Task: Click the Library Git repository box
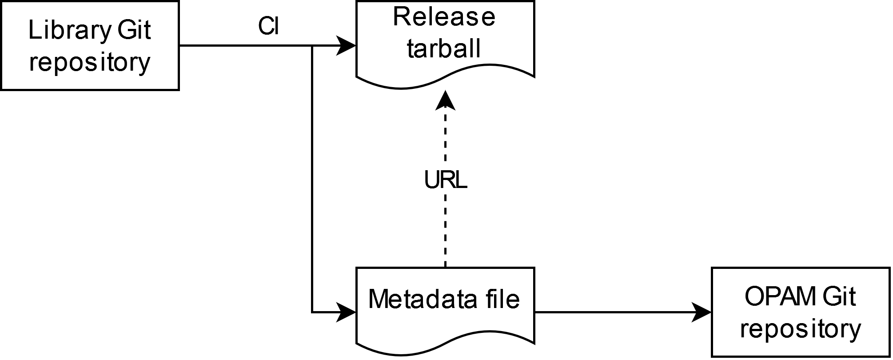(89, 46)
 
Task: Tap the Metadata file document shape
(445, 307)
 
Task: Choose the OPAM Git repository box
(801, 312)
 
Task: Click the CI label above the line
(268, 27)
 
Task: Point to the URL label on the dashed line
(446, 180)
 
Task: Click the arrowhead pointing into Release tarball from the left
(347, 45)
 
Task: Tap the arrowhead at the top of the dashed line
(445, 100)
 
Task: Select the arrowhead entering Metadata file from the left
(347, 312)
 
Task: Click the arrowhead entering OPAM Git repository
(702, 312)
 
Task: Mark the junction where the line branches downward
(312, 46)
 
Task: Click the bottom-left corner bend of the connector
(312, 312)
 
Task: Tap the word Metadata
(413, 299)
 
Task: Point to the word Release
(444, 17)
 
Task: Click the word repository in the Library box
(89, 63)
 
